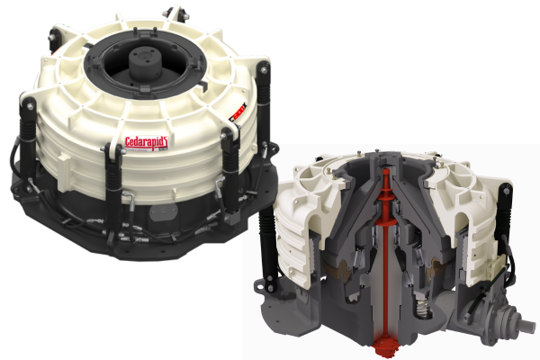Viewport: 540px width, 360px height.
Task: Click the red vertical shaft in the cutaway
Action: point(384,252)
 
